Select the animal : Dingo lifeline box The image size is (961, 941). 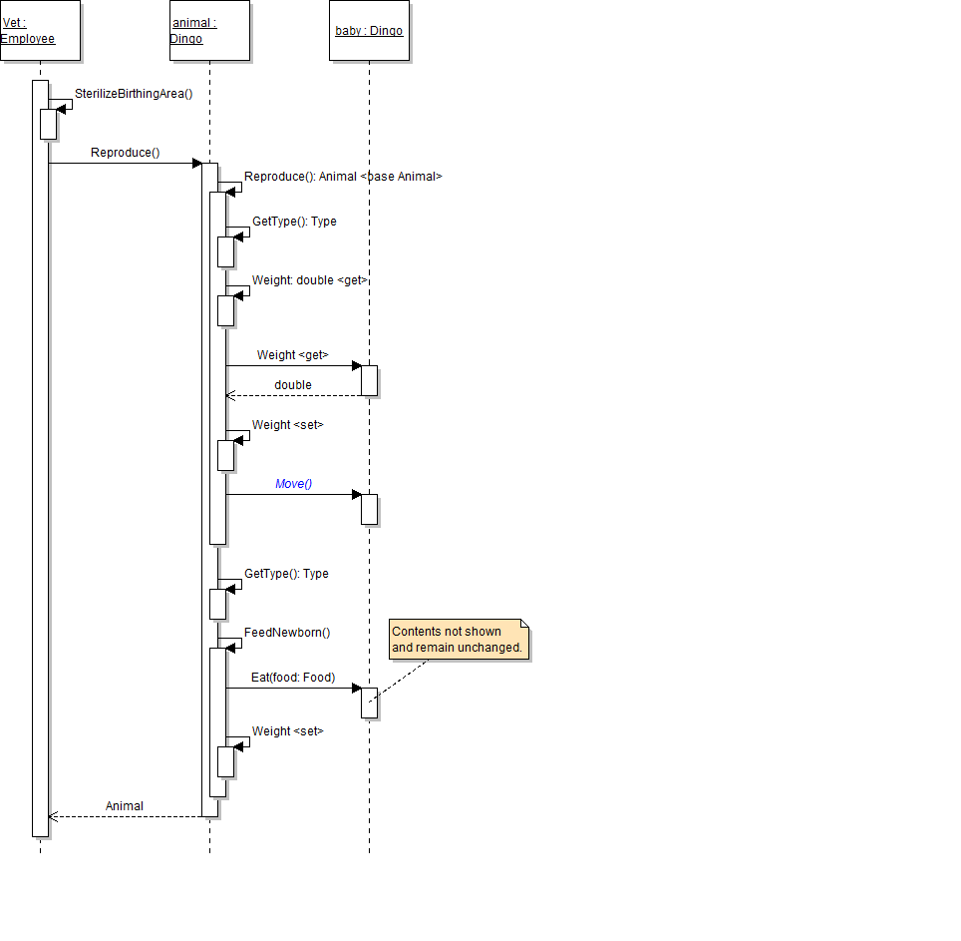(209, 31)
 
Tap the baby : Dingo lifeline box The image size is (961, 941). (369, 31)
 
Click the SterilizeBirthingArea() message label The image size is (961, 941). (134, 94)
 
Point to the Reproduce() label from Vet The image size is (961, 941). (126, 153)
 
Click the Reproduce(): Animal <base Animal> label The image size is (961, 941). (343, 177)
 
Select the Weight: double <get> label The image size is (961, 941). (310, 280)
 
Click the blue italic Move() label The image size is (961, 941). (294, 484)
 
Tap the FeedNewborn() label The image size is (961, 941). (287, 633)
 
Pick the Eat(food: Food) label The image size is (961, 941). (293, 678)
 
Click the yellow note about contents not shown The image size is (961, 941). (457, 640)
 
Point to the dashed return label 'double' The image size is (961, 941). (293, 385)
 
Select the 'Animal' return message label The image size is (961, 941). (125, 806)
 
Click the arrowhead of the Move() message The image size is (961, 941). (356, 494)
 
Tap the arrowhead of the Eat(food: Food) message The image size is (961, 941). (356, 688)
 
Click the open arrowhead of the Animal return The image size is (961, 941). (53, 816)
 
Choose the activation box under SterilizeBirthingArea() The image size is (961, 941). (48, 124)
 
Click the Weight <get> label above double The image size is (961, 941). (292, 355)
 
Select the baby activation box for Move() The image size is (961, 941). (369, 509)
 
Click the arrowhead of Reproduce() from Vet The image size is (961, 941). (196, 163)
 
